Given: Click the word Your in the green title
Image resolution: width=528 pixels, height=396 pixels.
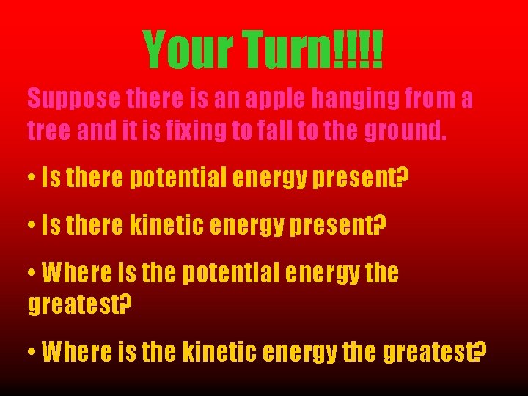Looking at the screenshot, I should click(x=190, y=50).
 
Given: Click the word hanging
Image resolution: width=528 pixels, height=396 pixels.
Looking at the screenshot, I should click(x=356, y=98).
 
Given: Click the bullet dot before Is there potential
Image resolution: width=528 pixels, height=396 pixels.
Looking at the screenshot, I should click(x=32, y=177).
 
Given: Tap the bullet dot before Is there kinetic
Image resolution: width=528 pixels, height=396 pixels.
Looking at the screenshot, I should click(x=32, y=228).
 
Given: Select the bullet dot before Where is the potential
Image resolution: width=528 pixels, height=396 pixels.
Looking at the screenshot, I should click(x=32, y=274).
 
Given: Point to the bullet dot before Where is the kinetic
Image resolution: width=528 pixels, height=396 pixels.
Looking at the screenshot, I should click(x=32, y=353).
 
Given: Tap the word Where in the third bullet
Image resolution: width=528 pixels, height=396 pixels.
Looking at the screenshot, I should click(x=77, y=274).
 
